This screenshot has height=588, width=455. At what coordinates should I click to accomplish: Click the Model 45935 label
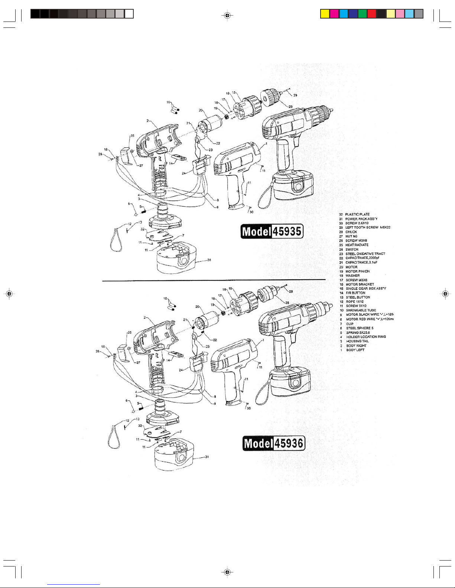point(272,231)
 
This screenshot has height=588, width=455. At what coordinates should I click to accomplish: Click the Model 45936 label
point(274,443)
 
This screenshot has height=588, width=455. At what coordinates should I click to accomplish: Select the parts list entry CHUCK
point(351,232)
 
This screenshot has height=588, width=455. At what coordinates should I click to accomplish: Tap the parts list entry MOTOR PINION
point(357,271)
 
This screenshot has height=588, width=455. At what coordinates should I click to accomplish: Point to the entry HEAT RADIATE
point(357,245)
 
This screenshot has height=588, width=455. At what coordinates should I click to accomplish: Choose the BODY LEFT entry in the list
point(355,350)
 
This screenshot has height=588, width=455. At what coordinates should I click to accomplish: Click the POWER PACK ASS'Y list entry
point(361,219)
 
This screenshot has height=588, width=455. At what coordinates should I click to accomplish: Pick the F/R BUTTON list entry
point(355,293)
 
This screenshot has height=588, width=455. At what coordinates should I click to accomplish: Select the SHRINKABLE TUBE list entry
point(361,310)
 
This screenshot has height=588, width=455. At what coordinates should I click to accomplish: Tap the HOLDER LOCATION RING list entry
point(365,337)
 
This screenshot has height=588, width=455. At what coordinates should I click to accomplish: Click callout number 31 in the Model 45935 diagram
point(209,260)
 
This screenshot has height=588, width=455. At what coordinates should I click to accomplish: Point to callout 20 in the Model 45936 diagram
point(198,307)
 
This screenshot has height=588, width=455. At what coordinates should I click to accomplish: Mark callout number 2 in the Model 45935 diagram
point(147,121)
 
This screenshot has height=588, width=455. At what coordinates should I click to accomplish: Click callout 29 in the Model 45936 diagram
point(291,291)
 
